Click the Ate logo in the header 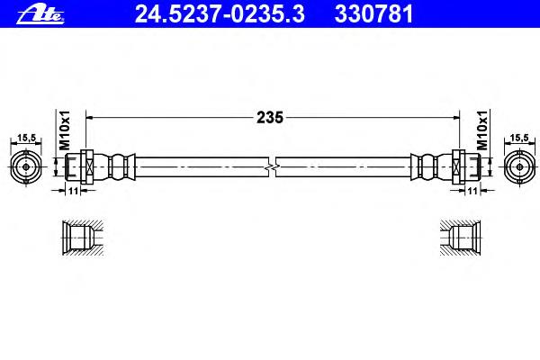click(40, 14)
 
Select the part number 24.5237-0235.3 click(220, 14)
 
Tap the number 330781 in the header click(373, 14)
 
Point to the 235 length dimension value click(270, 118)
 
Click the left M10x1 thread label click(65, 130)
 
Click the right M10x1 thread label click(482, 130)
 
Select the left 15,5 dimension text click(26, 138)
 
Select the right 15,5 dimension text click(519, 138)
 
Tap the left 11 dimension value click(73, 191)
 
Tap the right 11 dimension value click(473, 191)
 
